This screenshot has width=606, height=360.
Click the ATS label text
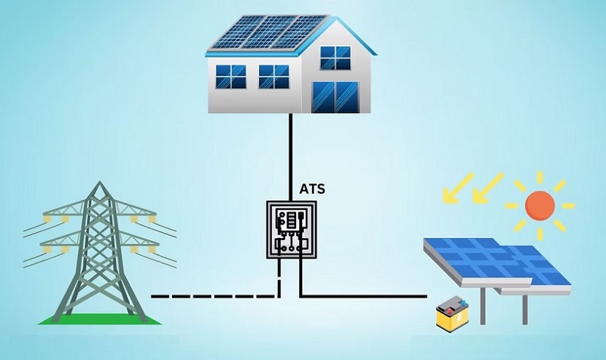point(312,189)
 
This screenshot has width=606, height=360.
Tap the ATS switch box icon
point(292,230)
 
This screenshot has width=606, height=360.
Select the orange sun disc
point(540,205)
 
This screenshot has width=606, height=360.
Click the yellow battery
point(452,313)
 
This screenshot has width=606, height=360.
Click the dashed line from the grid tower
point(215,296)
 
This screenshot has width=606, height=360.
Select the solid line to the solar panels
point(364,296)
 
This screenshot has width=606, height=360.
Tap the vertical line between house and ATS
point(291,157)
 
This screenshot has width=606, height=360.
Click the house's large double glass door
point(335,97)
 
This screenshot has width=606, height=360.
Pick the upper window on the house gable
point(336,58)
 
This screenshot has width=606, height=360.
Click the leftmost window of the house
point(230,77)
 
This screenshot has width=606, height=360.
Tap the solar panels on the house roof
point(270,33)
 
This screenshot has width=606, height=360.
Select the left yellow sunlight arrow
point(458,188)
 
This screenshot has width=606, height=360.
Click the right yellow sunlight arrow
point(488,188)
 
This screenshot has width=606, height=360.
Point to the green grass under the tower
point(100,319)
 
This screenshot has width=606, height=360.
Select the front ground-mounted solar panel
point(478,261)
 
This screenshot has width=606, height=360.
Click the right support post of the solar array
point(525,310)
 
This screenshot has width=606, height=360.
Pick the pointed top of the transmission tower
point(100,182)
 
